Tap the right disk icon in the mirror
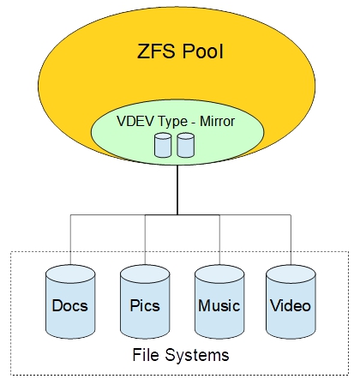(186, 145)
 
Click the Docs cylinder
(69, 304)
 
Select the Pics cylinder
(145, 304)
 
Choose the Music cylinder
(219, 304)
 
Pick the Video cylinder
(291, 304)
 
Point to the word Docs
(69, 305)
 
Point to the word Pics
(145, 305)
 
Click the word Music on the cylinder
(219, 305)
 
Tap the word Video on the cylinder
(291, 305)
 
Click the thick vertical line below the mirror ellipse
(177, 190)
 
